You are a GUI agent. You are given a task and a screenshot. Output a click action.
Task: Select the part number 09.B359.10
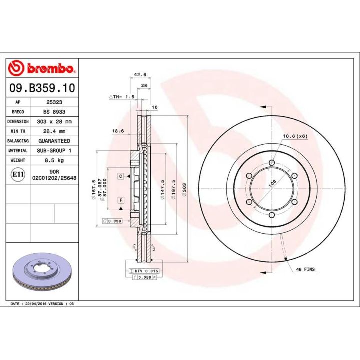click(42, 88)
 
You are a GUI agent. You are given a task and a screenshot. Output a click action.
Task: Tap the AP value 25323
click(54, 101)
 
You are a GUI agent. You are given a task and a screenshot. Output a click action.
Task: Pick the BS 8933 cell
click(54, 111)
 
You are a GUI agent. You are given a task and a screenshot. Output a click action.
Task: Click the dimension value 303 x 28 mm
click(54, 121)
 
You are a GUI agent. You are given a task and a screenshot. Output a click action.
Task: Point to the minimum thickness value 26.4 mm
click(54, 131)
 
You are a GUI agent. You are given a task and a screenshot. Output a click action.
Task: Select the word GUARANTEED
click(54, 141)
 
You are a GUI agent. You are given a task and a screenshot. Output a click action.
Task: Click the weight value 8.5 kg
click(54, 161)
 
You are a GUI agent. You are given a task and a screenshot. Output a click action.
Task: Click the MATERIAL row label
click(18, 151)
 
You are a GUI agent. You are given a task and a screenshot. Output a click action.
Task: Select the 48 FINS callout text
click(305, 269)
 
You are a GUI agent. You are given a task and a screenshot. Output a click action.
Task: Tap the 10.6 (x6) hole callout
click(295, 136)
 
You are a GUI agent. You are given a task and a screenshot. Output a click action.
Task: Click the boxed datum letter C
click(121, 176)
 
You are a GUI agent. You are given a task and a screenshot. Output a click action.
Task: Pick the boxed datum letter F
click(121, 200)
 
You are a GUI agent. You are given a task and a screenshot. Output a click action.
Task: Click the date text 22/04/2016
click(38, 303)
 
